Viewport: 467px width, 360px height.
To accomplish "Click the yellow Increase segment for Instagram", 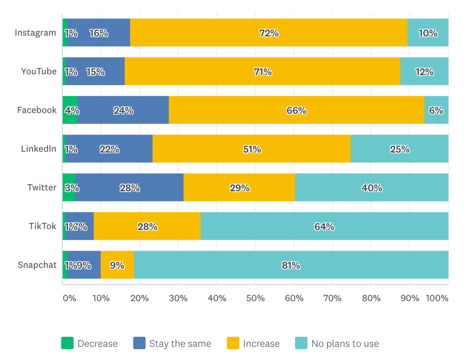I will click(269, 33).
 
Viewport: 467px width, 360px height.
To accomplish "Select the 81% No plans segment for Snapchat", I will click(291, 265).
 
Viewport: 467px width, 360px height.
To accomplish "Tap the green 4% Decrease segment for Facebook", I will click(70, 110).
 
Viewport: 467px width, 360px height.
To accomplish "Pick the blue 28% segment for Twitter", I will click(130, 188).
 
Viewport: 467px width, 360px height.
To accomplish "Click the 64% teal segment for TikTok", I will click(324, 226).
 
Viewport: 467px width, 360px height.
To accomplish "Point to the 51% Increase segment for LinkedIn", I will click(252, 149).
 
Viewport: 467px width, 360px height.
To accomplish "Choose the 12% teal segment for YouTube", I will click(424, 72).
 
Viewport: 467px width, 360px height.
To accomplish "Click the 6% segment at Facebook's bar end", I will click(436, 110).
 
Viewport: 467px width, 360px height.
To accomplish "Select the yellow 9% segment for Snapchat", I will click(117, 265).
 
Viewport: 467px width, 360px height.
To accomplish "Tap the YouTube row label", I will click(39, 72).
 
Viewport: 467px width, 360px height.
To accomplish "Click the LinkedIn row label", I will click(39, 149).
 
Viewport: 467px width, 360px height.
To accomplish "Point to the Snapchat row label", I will click(37, 265).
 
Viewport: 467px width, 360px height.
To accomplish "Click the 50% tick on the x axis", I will click(255, 298).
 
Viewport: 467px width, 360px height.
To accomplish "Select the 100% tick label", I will click(437, 298).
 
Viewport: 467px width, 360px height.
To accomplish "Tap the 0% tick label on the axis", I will click(69, 298).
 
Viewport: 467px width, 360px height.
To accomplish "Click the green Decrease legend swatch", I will click(67, 343).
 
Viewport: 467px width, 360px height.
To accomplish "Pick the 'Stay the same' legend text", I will click(180, 344).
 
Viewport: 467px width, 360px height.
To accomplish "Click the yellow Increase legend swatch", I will click(233, 343).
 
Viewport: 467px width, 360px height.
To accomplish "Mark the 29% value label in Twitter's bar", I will click(239, 188).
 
